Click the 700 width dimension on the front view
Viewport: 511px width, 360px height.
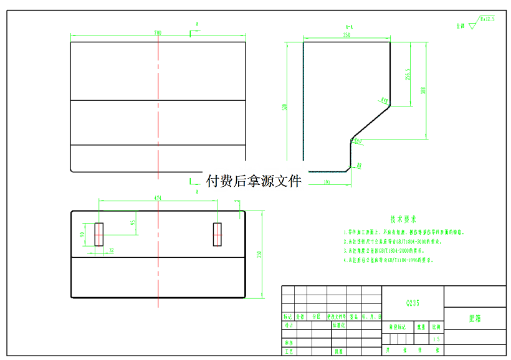pyautogui.click(x=158, y=32)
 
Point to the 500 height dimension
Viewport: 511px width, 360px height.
pyautogui.click(x=285, y=107)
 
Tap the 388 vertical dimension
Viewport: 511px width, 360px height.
pyautogui.click(x=424, y=90)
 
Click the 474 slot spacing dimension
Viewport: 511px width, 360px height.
pyautogui.click(x=158, y=197)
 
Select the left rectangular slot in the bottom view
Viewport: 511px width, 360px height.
pyautogui.click(x=98, y=234)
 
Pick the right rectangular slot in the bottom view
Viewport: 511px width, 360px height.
pyautogui.click(x=217, y=234)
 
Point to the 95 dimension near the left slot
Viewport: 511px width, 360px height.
pyautogui.click(x=133, y=222)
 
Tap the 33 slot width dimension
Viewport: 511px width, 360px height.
pyautogui.click(x=112, y=250)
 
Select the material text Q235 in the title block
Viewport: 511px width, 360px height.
pyautogui.click(x=413, y=303)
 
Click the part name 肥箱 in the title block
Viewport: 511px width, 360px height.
pyautogui.click(x=475, y=318)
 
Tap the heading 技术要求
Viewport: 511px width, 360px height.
pyautogui.click(x=403, y=219)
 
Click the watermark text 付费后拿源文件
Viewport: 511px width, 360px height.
pyautogui.click(x=254, y=181)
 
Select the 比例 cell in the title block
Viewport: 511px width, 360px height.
pyautogui.click(x=436, y=326)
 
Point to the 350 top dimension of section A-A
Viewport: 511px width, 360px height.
pyautogui.click(x=346, y=36)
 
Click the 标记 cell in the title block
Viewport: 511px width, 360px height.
pyautogui.click(x=288, y=316)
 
